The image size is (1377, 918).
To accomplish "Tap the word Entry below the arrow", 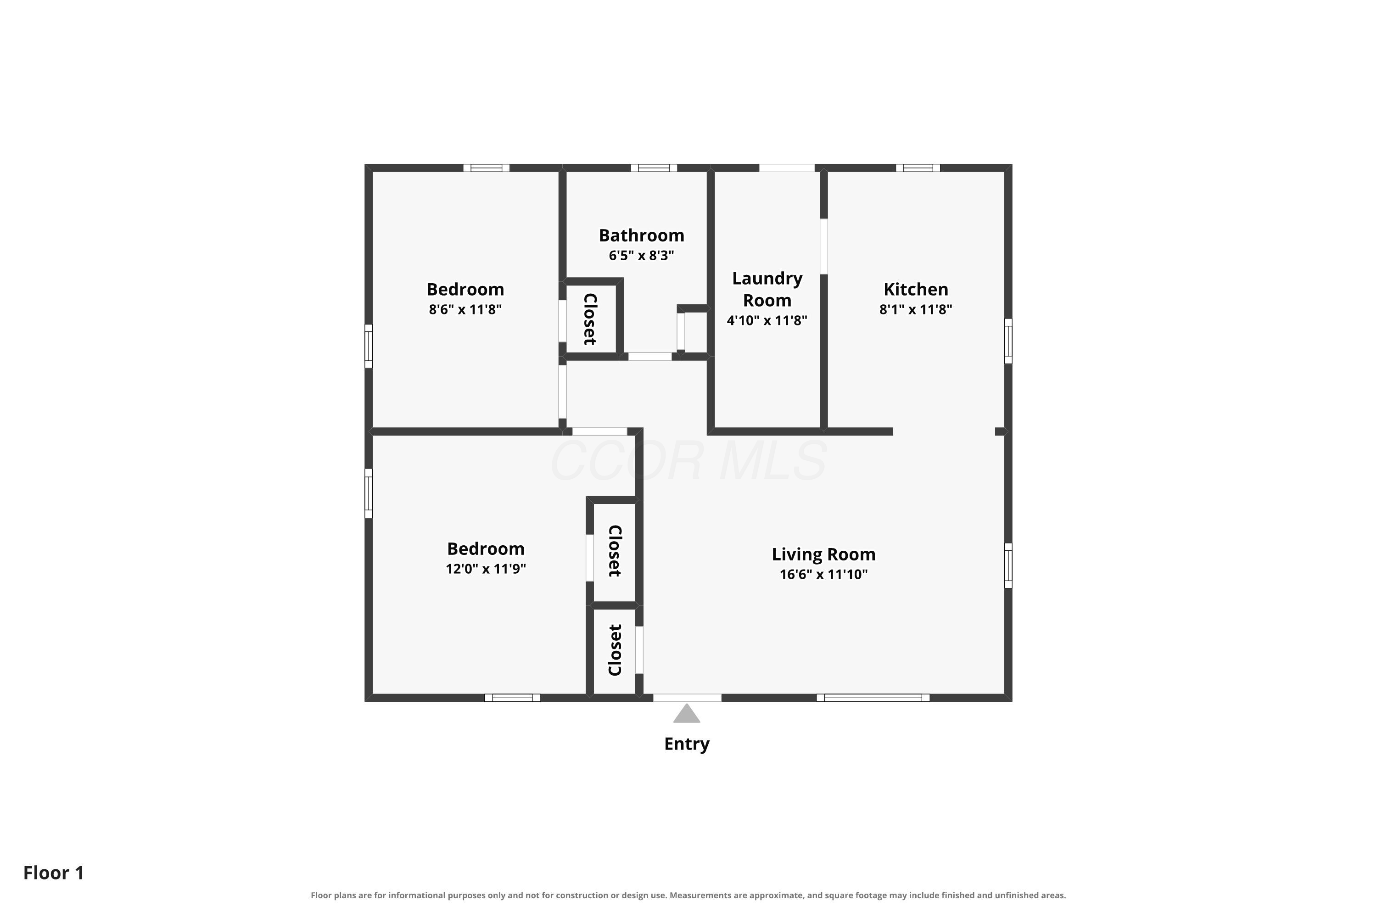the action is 687,744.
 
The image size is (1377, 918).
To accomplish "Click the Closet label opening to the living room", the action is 615,650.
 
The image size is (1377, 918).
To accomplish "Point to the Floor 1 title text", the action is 54,873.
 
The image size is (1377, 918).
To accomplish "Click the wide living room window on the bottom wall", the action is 873,698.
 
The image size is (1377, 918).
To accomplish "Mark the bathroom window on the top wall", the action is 654,168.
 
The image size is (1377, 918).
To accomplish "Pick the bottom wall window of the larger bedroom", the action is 512,698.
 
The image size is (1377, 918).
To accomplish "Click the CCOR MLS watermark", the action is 688,461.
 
